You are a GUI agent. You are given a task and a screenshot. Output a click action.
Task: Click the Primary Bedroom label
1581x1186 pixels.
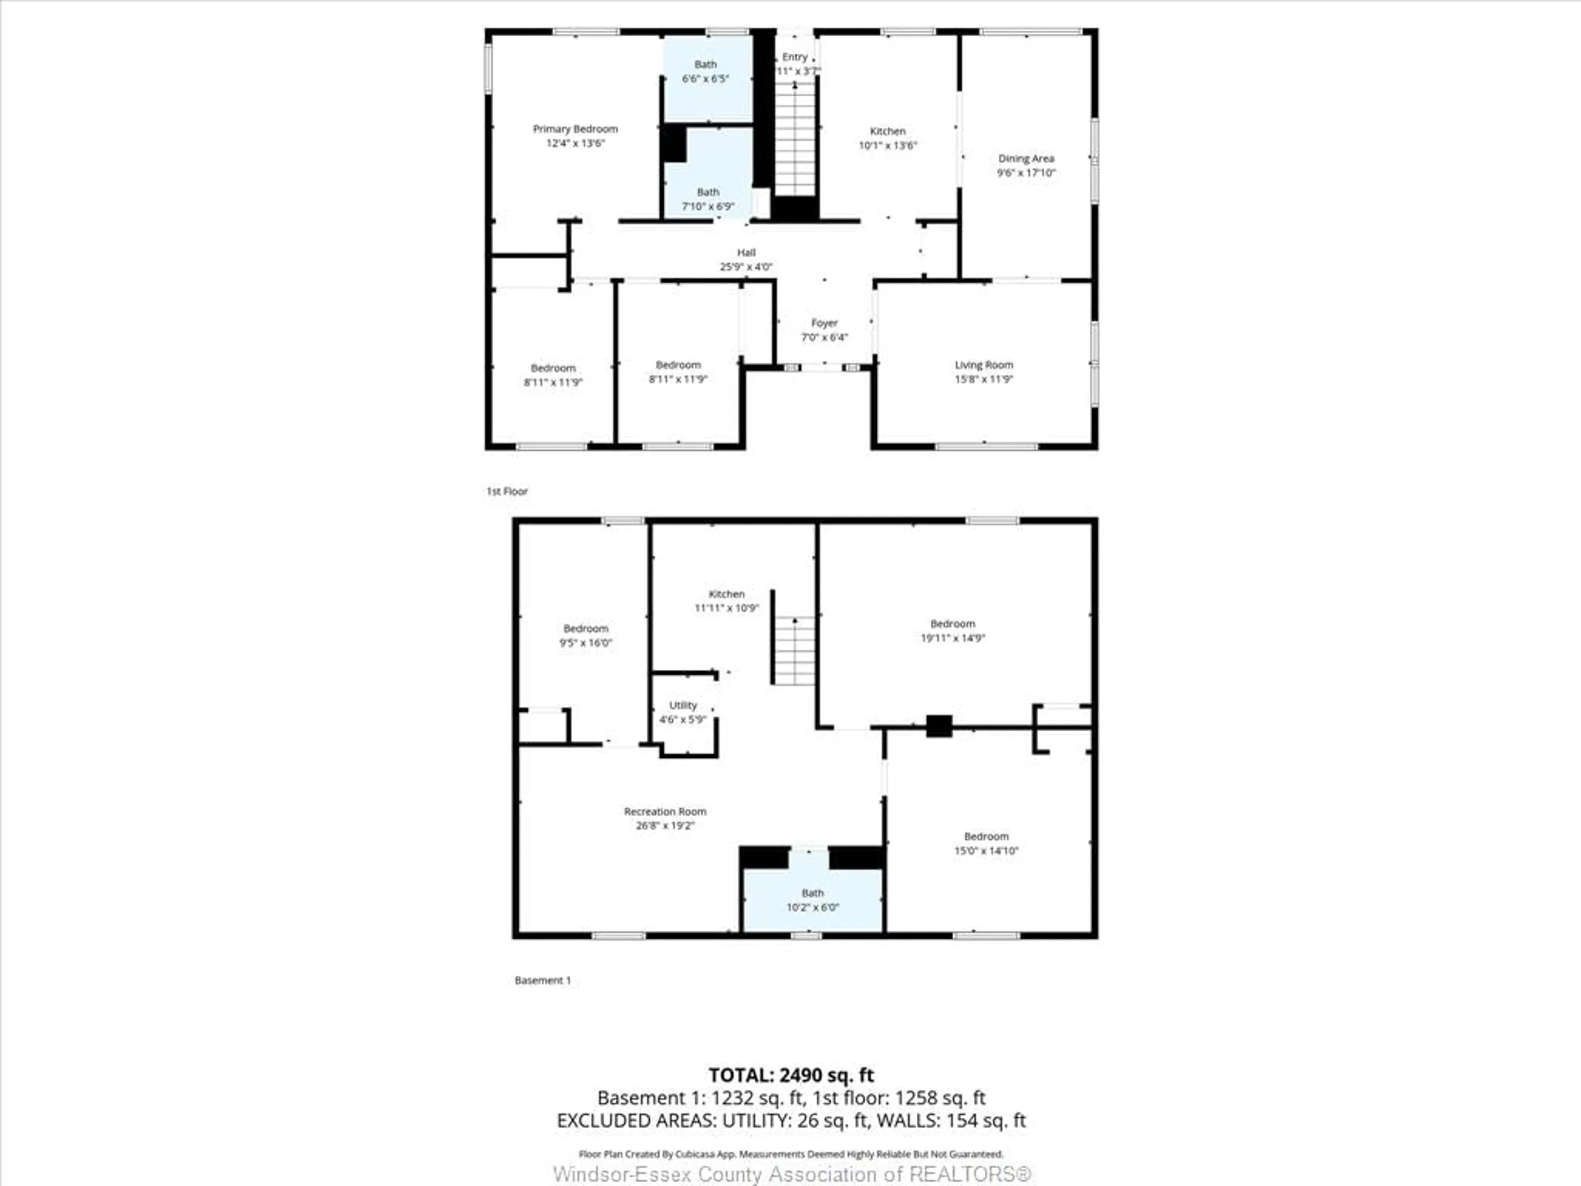[x=575, y=128]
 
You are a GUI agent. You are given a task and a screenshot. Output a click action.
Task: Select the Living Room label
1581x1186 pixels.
[x=984, y=364]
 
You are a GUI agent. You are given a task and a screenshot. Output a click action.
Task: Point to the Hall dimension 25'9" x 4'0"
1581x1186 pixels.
[x=746, y=267]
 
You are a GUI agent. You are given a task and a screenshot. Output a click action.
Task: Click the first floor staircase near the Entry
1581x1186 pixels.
[x=795, y=140]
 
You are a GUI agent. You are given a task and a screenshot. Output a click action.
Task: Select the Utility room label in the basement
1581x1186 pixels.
[x=683, y=705]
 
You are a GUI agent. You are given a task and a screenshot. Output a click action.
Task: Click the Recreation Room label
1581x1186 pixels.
[x=665, y=811]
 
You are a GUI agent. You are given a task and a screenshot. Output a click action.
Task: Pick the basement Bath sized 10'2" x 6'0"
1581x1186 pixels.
[x=813, y=899]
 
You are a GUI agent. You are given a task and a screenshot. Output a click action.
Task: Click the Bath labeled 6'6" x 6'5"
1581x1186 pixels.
[x=705, y=72]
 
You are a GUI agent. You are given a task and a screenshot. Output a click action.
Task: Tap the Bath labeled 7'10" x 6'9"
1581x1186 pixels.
[x=708, y=199]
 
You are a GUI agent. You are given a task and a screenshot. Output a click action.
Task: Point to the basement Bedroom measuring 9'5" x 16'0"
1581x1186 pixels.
[x=585, y=635]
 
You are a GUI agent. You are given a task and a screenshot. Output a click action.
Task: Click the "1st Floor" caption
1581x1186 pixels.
[x=507, y=491]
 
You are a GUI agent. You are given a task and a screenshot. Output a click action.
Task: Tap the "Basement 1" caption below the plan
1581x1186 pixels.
[x=543, y=980]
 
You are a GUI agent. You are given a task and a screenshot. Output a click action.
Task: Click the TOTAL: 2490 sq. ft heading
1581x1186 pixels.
[x=790, y=1074]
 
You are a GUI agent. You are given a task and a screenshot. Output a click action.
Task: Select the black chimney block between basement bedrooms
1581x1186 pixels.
[x=938, y=726]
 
